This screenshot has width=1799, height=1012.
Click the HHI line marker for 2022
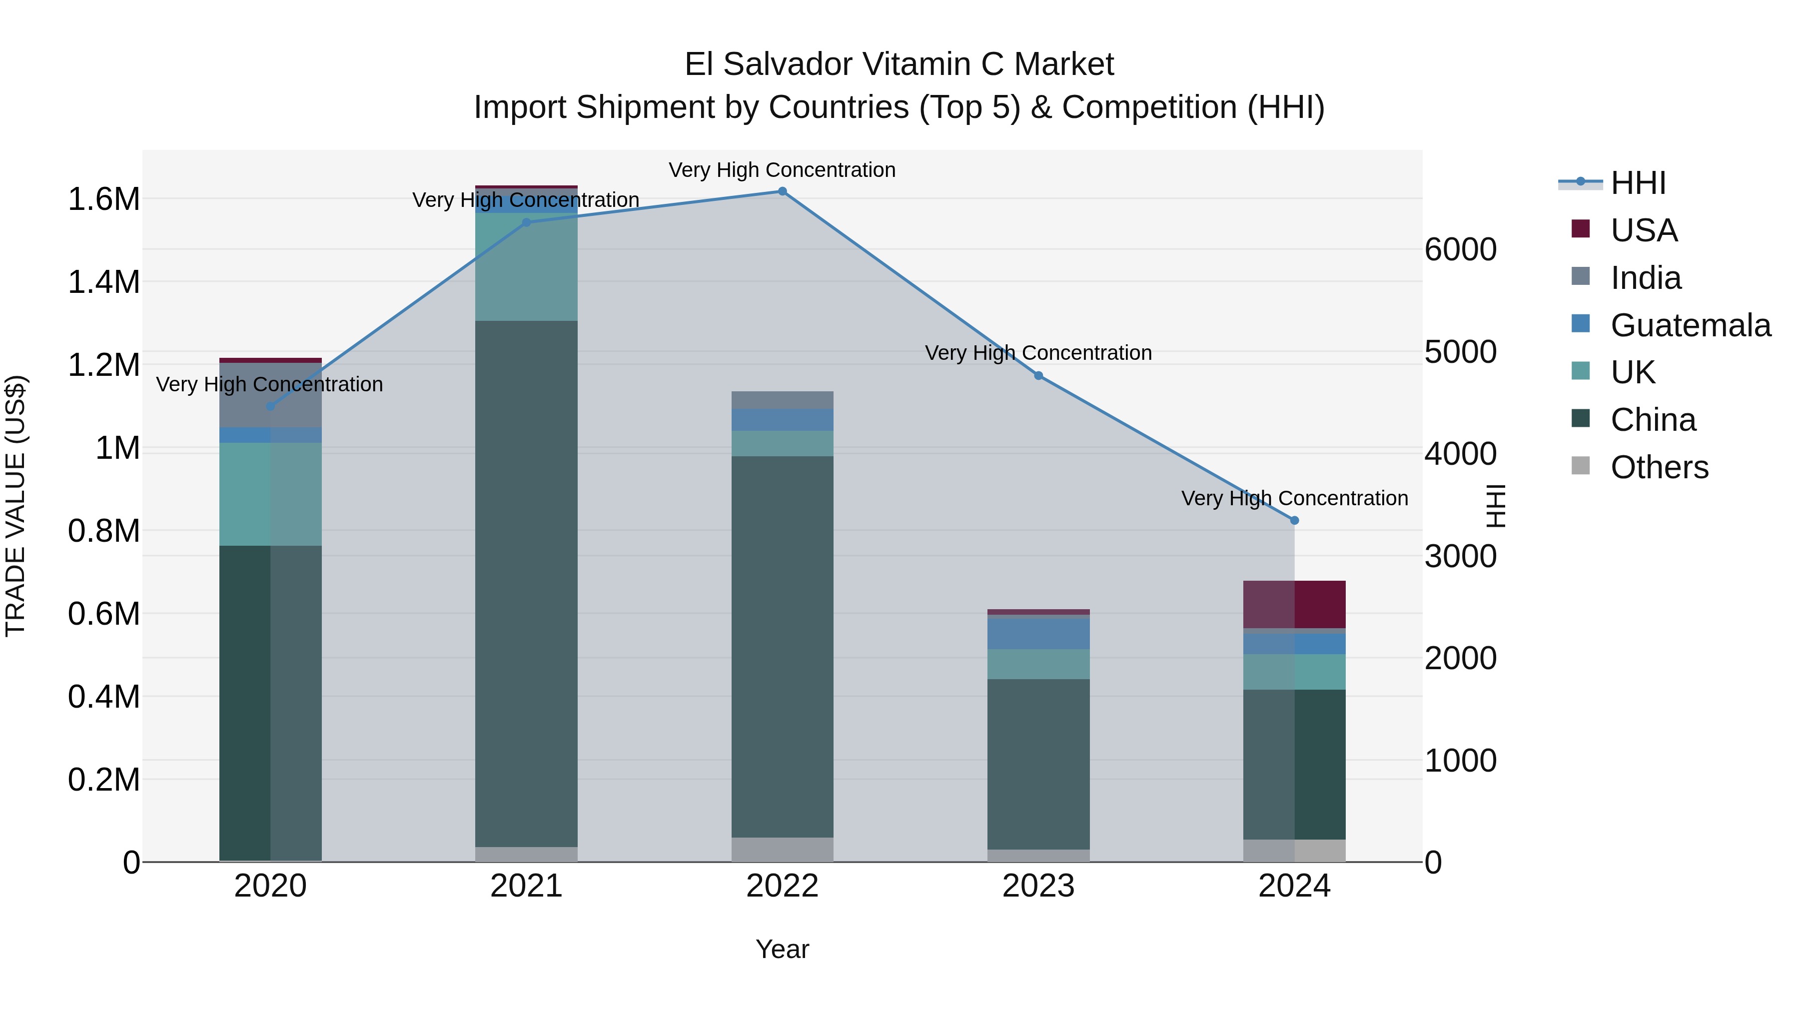(782, 191)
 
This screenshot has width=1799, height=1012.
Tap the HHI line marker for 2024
(1294, 520)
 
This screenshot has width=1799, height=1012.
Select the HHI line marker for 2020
(271, 406)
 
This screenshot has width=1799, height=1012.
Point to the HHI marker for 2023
(1038, 376)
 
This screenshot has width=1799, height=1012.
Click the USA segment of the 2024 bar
(1294, 604)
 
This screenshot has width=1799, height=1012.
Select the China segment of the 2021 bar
(527, 583)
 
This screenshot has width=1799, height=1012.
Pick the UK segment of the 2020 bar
(271, 494)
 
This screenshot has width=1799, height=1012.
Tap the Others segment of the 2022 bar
(782, 849)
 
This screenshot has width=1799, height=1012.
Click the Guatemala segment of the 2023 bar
(1038, 634)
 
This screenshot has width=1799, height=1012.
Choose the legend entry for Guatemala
(1690, 325)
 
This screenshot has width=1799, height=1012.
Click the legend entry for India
(1646, 278)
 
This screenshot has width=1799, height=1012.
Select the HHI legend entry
(1638, 183)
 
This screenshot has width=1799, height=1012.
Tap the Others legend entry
(1659, 467)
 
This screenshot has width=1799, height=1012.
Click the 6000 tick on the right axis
(1460, 249)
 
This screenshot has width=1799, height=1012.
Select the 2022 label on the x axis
(782, 886)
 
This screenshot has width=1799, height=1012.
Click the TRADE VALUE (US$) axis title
(16, 506)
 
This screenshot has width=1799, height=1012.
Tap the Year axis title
(782, 949)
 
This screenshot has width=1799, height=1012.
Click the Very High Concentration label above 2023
(1038, 353)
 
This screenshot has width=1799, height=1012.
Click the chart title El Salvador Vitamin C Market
(899, 64)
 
